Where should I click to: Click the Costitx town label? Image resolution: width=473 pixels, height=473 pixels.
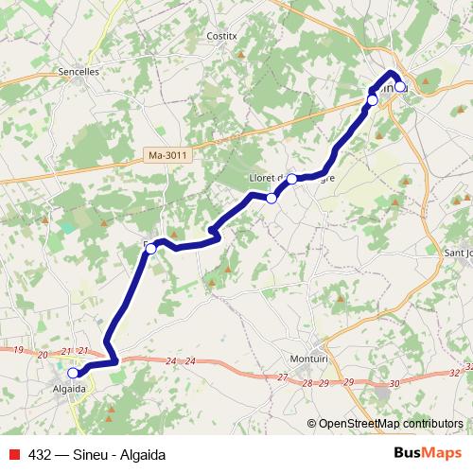click(x=220, y=35)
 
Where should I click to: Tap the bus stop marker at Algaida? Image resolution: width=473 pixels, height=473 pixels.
click(x=73, y=373)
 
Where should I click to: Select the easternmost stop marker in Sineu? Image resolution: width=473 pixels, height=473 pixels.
click(x=400, y=86)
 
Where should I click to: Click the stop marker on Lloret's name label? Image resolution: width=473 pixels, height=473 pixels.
click(x=292, y=179)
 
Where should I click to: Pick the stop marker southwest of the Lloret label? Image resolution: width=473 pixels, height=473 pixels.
click(x=272, y=198)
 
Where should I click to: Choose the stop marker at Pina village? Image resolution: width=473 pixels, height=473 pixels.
click(x=150, y=248)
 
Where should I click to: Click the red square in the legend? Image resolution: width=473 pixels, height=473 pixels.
click(x=13, y=454)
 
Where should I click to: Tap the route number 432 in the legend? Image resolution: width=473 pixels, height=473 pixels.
click(x=39, y=454)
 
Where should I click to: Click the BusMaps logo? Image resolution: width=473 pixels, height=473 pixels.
click(x=427, y=453)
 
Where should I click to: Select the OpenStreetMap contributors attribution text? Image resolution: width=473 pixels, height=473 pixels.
click(x=390, y=423)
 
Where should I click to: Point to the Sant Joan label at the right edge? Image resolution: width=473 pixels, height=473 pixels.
click(x=458, y=253)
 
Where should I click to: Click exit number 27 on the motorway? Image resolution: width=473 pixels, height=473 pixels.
click(x=282, y=377)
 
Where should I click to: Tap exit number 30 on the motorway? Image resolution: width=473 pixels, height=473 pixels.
click(x=394, y=383)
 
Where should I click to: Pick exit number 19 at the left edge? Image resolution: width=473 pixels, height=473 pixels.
click(x=17, y=352)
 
